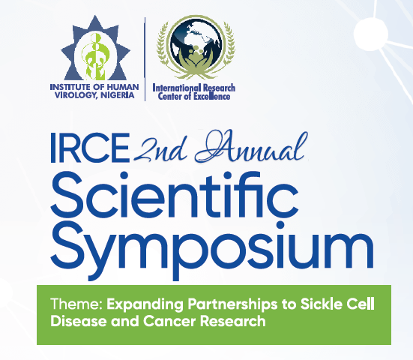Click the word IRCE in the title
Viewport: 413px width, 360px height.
click(x=90, y=148)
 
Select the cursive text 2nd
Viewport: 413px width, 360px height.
click(x=160, y=150)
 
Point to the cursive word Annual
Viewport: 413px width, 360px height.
click(x=251, y=145)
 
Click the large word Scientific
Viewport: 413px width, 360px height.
click(x=174, y=194)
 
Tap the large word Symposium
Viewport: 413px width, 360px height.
click(x=212, y=250)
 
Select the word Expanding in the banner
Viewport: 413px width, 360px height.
click(x=145, y=305)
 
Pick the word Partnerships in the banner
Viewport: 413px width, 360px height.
click(x=232, y=305)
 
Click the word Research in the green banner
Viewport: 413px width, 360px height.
click(x=233, y=321)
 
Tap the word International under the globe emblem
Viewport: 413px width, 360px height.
click(x=177, y=88)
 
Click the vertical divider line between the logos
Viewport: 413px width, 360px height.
click(x=145, y=59)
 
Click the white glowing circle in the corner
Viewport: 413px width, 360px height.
click(x=371, y=34)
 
